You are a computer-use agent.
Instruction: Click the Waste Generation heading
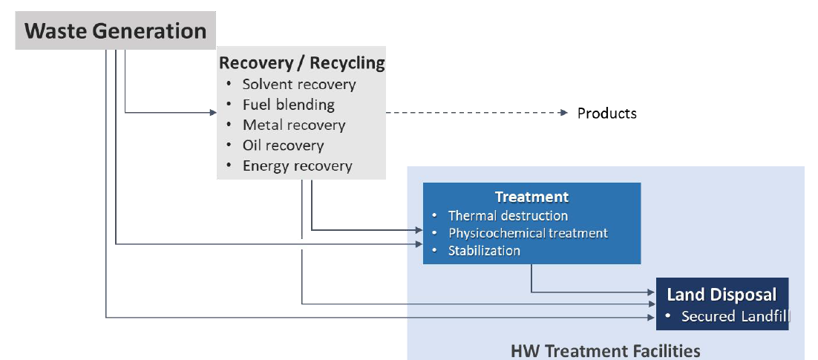pos(115,30)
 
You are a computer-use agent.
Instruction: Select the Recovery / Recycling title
pos(302,63)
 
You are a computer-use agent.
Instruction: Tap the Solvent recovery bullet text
pos(299,85)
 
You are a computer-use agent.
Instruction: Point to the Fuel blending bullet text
pos(289,105)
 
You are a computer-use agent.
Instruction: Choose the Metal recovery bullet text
pos(294,125)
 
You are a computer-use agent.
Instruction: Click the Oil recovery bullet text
pos(284,145)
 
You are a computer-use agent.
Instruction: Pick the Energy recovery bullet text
pos(298,166)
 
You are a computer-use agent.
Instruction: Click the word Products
pos(606,114)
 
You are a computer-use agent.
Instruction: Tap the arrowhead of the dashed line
pos(563,113)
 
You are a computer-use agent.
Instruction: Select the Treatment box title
pos(531,197)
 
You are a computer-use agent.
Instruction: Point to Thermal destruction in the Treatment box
pos(508,215)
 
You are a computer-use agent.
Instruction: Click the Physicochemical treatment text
pos(528,232)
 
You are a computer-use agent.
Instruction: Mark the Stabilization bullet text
pos(484,250)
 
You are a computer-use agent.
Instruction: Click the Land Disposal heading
pos(722,294)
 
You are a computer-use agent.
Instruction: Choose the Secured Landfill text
pos(736,316)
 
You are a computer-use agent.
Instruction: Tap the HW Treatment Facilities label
pos(605,350)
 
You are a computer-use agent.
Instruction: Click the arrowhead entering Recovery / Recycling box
pos(213,112)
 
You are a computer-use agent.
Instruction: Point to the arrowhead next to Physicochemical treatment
pos(419,229)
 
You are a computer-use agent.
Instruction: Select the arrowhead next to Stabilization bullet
pos(419,243)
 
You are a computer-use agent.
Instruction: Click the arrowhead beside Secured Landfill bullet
pos(652,317)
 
